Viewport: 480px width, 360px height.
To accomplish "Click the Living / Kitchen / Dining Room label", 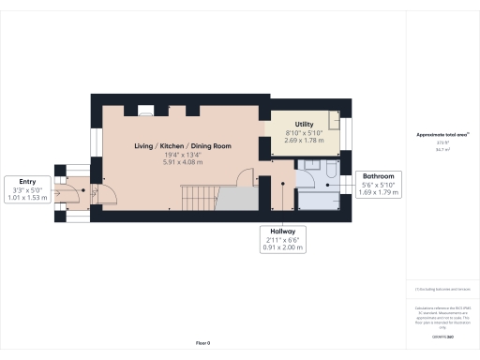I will click(x=182, y=146).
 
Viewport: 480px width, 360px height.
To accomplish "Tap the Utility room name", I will click(x=304, y=125).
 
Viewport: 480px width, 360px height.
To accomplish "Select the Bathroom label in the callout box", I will click(x=378, y=176).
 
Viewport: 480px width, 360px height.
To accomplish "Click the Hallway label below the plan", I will click(x=281, y=230).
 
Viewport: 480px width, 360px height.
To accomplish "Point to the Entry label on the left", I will click(x=26, y=182).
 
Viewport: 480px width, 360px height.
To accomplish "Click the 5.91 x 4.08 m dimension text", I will click(x=182, y=164).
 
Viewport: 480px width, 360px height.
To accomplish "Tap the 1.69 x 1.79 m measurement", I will click(x=378, y=194).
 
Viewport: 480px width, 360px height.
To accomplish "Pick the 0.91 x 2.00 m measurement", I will click(x=281, y=247).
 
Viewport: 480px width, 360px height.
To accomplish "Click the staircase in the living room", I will click(x=198, y=197).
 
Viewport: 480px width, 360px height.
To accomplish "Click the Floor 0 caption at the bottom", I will click(x=202, y=344).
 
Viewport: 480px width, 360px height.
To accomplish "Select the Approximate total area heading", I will click(x=442, y=135).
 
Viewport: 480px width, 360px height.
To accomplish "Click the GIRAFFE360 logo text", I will click(x=442, y=335).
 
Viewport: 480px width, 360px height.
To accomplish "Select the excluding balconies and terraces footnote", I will click(x=442, y=291).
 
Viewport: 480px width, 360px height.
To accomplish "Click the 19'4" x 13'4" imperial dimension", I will click(x=182, y=156).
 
